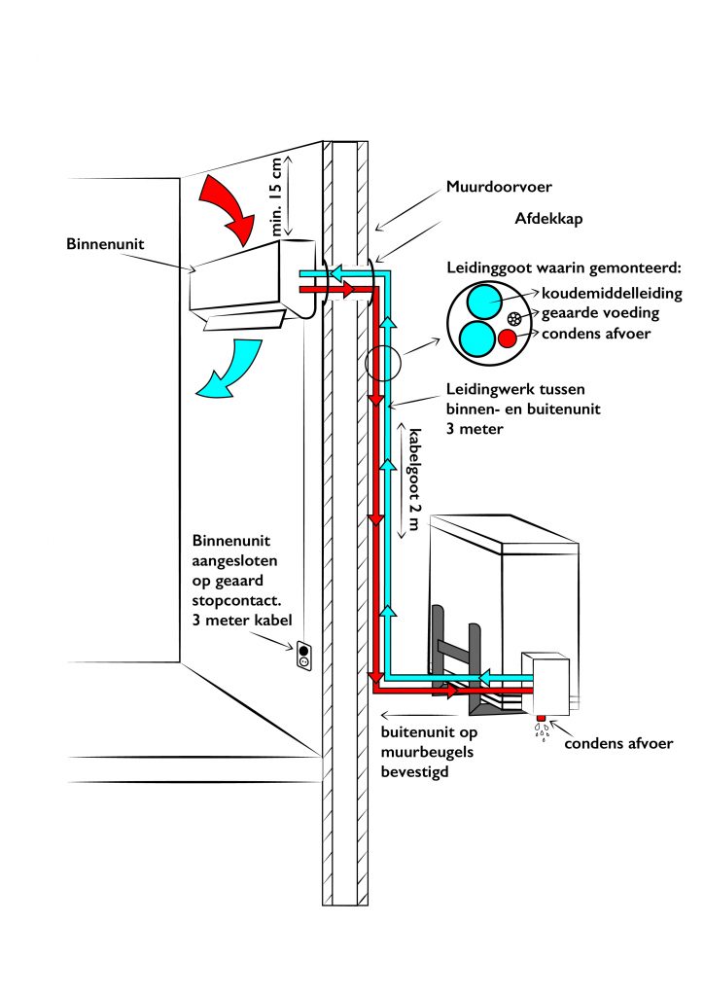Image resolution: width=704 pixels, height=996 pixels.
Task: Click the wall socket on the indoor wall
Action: click(303, 658)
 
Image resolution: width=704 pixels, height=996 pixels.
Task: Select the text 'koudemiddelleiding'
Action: click(603, 292)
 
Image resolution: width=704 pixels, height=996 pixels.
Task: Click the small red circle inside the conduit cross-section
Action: click(507, 338)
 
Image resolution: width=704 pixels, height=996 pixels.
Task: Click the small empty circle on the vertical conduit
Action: click(381, 365)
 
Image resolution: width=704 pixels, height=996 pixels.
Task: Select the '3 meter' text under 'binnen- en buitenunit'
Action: click(474, 426)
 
